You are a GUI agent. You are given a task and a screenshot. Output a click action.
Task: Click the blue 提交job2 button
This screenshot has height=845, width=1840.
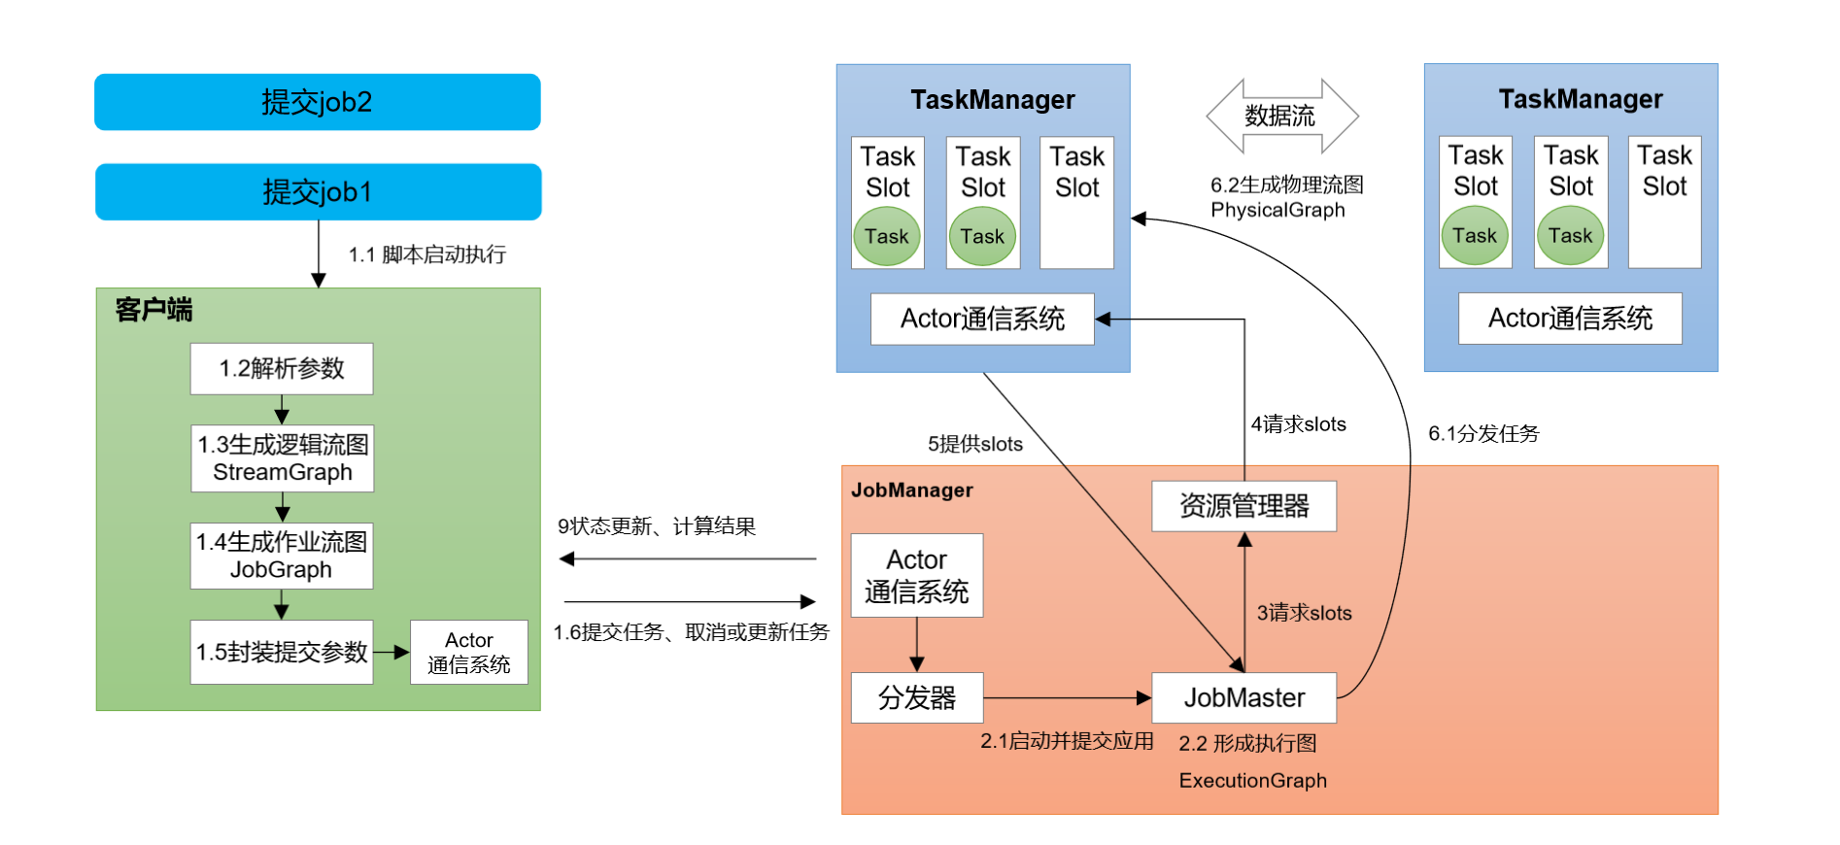(317, 102)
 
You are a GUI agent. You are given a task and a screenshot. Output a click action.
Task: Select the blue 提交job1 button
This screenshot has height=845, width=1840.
(318, 191)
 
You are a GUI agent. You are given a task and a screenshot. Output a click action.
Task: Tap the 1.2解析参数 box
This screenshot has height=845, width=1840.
(282, 369)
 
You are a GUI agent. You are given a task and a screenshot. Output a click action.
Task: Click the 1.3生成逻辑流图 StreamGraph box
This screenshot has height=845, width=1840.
(282, 458)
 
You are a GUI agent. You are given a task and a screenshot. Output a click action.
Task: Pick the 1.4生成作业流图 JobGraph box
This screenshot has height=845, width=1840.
(282, 556)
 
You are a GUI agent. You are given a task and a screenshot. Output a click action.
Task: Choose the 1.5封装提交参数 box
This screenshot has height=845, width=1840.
(282, 652)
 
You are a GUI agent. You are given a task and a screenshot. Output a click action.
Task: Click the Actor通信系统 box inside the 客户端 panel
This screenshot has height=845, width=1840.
(469, 653)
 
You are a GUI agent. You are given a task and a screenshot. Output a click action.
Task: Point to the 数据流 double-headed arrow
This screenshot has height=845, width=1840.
(1281, 117)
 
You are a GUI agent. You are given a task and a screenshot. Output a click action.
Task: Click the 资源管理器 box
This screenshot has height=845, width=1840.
(1244, 506)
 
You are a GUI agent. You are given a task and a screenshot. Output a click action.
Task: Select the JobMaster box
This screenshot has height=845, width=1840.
(1244, 697)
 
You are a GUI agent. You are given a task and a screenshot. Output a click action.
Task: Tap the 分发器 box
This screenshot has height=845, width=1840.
(916, 697)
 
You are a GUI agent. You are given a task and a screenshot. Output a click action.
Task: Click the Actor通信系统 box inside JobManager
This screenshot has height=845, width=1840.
(916, 575)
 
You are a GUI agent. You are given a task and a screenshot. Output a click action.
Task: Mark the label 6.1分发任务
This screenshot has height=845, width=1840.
(1483, 434)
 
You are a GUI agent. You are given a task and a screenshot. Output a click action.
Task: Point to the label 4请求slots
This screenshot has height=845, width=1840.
(1298, 424)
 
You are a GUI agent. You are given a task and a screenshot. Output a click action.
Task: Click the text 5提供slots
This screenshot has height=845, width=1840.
(974, 445)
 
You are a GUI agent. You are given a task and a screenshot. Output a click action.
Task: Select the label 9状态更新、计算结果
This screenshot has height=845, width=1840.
(657, 526)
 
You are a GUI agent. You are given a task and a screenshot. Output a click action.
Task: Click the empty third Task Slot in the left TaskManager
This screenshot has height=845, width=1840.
(1076, 202)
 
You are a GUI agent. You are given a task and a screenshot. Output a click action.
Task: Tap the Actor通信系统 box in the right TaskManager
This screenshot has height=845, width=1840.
(1570, 319)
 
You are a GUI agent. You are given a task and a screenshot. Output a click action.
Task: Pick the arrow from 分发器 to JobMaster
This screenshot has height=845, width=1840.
(1067, 697)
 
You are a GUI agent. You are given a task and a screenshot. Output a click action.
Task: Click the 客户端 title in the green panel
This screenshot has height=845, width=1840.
(153, 310)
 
